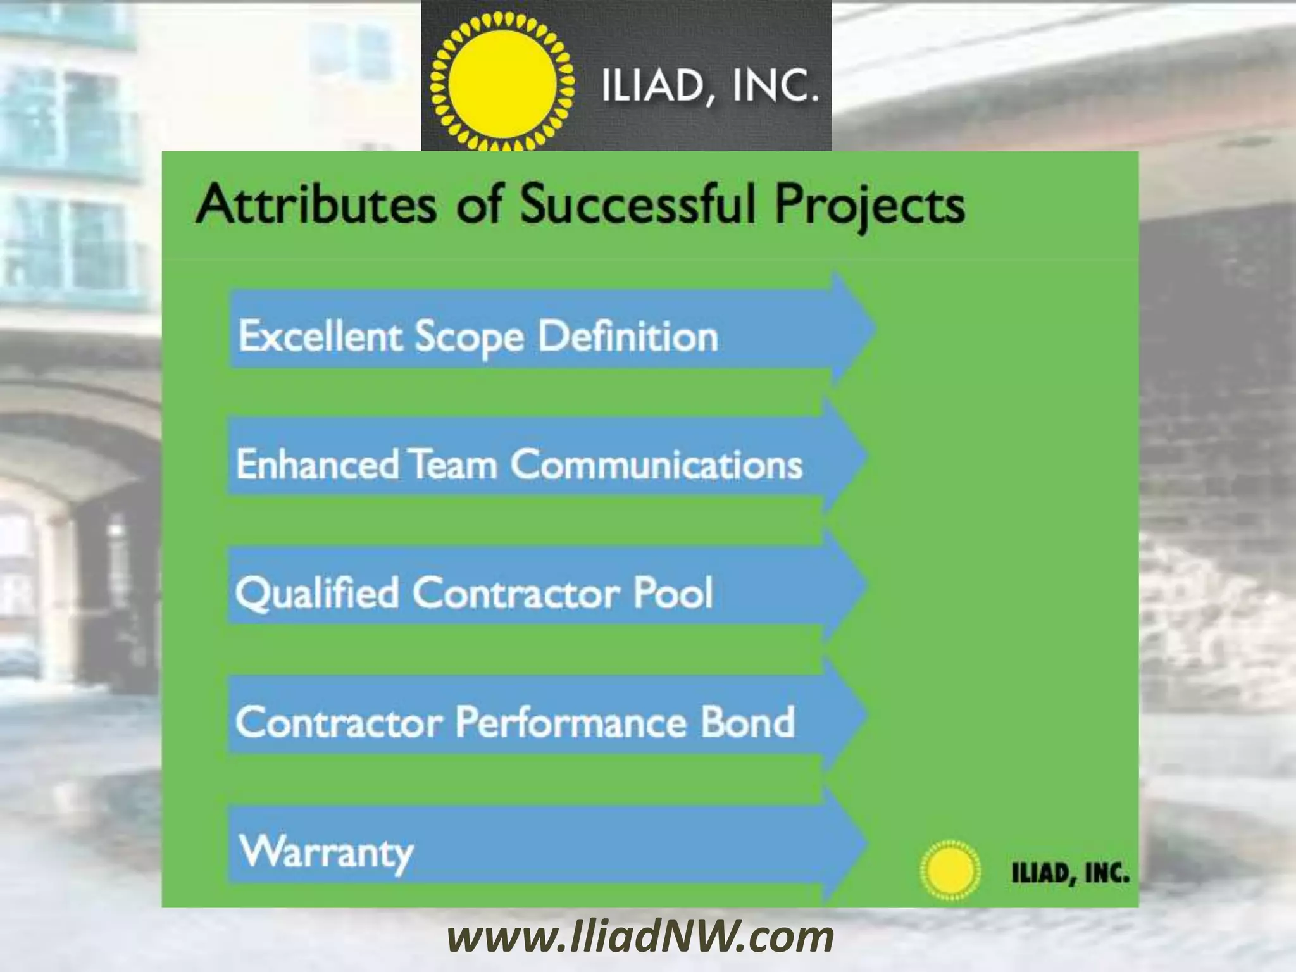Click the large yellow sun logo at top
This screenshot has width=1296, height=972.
click(x=501, y=82)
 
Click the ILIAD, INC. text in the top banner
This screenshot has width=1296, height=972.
click(x=709, y=87)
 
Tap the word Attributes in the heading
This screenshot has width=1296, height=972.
click(x=316, y=204)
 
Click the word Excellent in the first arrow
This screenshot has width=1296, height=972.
click(x=320, y=335)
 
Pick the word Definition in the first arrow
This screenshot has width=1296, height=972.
click(x=628, y=335)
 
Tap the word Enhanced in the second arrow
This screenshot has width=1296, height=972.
click(x=317, y=464)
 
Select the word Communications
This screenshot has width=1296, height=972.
click(x=656, y=464)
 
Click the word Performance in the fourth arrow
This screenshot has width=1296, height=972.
click(x=571, y=722)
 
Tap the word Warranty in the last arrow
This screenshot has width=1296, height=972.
click(x=327, y=852)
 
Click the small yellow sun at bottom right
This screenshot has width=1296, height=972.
click(x=949, y=869)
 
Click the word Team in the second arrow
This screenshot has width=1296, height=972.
click(x=454, y=464)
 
